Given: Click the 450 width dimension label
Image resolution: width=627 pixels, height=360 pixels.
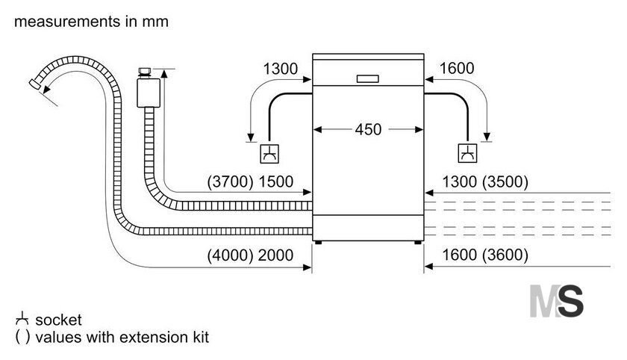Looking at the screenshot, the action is point(368,130).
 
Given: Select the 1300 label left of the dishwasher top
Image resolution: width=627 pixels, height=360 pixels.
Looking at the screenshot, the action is point(281,69).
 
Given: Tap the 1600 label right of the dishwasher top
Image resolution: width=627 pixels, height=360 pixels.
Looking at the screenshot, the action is point(457,69).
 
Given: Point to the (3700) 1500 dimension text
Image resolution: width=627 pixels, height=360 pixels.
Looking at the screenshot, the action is point(250,182).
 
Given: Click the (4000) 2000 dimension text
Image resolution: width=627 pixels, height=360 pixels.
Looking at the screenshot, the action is point(250,255).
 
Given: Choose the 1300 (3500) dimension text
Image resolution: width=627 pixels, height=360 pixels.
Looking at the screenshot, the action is point(485,182).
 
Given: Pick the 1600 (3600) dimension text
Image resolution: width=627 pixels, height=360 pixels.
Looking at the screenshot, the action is point(485,255).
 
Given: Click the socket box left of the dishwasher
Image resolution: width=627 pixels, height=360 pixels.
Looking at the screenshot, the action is point(269,154).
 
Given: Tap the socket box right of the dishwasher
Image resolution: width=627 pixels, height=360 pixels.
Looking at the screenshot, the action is point(467,153).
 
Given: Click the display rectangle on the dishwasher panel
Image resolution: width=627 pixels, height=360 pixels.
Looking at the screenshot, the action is point(367,79).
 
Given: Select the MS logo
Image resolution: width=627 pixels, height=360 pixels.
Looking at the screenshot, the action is point(556,301).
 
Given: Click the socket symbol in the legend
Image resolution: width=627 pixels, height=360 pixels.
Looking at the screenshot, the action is point(22,319).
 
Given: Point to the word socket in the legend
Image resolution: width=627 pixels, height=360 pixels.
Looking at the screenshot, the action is point(58,320).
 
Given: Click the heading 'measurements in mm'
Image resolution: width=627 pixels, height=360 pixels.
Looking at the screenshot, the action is point(91,21).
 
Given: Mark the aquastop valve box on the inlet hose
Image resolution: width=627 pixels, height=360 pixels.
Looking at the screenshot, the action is point(149,93).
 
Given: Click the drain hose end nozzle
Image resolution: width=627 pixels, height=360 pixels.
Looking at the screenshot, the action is point(34,84).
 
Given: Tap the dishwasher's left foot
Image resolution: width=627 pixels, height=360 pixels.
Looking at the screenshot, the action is point(318,243).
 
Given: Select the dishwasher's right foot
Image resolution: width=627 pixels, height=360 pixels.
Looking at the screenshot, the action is point(417,243).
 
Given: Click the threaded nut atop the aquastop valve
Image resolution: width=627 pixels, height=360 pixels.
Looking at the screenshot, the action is point(144,72).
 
